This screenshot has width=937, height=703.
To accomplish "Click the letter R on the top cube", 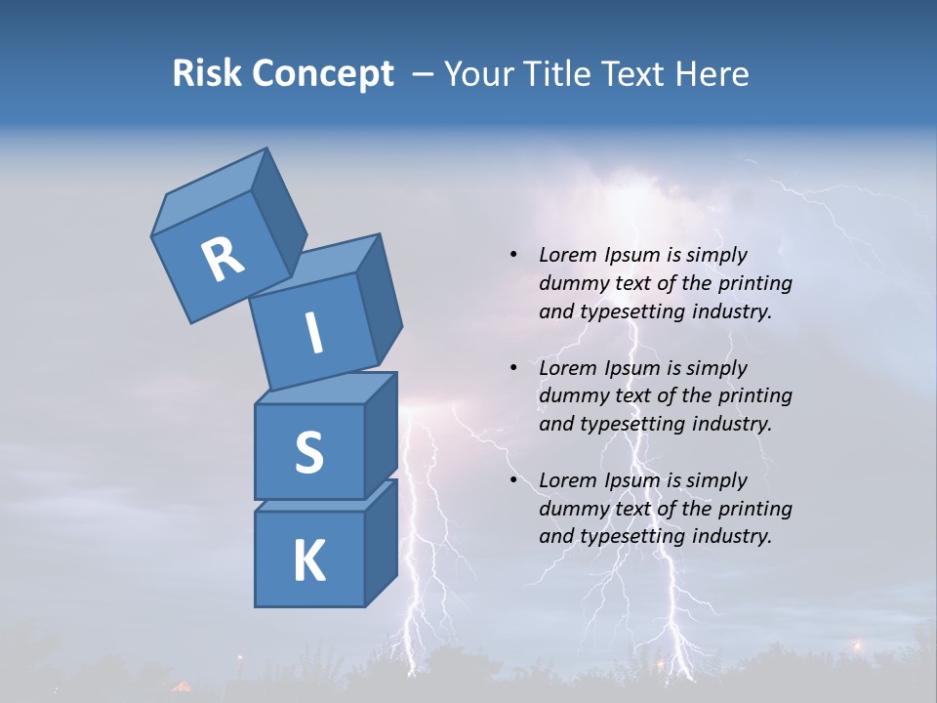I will pos(224,259).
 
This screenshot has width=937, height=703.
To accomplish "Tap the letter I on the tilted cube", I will pos(313,333).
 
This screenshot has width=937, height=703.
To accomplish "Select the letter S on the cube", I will pos(308,452).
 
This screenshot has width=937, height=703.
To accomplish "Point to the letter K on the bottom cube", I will pos(308,561).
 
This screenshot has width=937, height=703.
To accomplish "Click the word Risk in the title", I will pos(208,74).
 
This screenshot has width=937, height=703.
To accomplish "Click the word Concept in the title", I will pos(324,74).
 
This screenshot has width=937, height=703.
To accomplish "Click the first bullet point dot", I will pos(513,255).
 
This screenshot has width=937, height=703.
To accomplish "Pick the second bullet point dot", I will pos(513,368).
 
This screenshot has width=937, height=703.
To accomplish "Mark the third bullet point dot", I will pos(513,480).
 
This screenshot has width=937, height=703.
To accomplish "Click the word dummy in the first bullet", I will pos(572,283).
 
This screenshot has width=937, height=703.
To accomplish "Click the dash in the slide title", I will pos(424,74).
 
